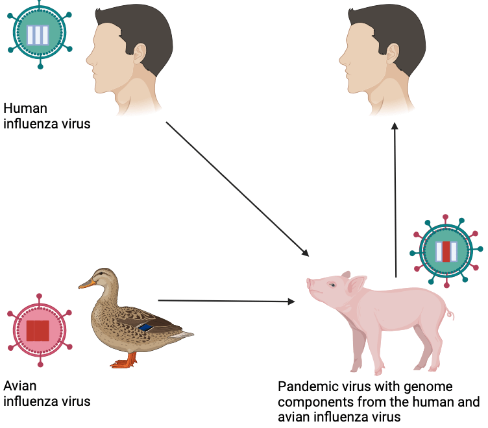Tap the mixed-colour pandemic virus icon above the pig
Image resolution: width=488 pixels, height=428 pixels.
[446, 250]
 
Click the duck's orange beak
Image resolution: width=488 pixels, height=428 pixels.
[86, 283]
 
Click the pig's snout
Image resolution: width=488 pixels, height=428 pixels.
[311, 284]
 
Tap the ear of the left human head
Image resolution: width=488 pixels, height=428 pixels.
[140, 52]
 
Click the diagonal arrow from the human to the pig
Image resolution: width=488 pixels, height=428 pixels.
[237, 188]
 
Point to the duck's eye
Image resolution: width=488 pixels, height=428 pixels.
[98, 276]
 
